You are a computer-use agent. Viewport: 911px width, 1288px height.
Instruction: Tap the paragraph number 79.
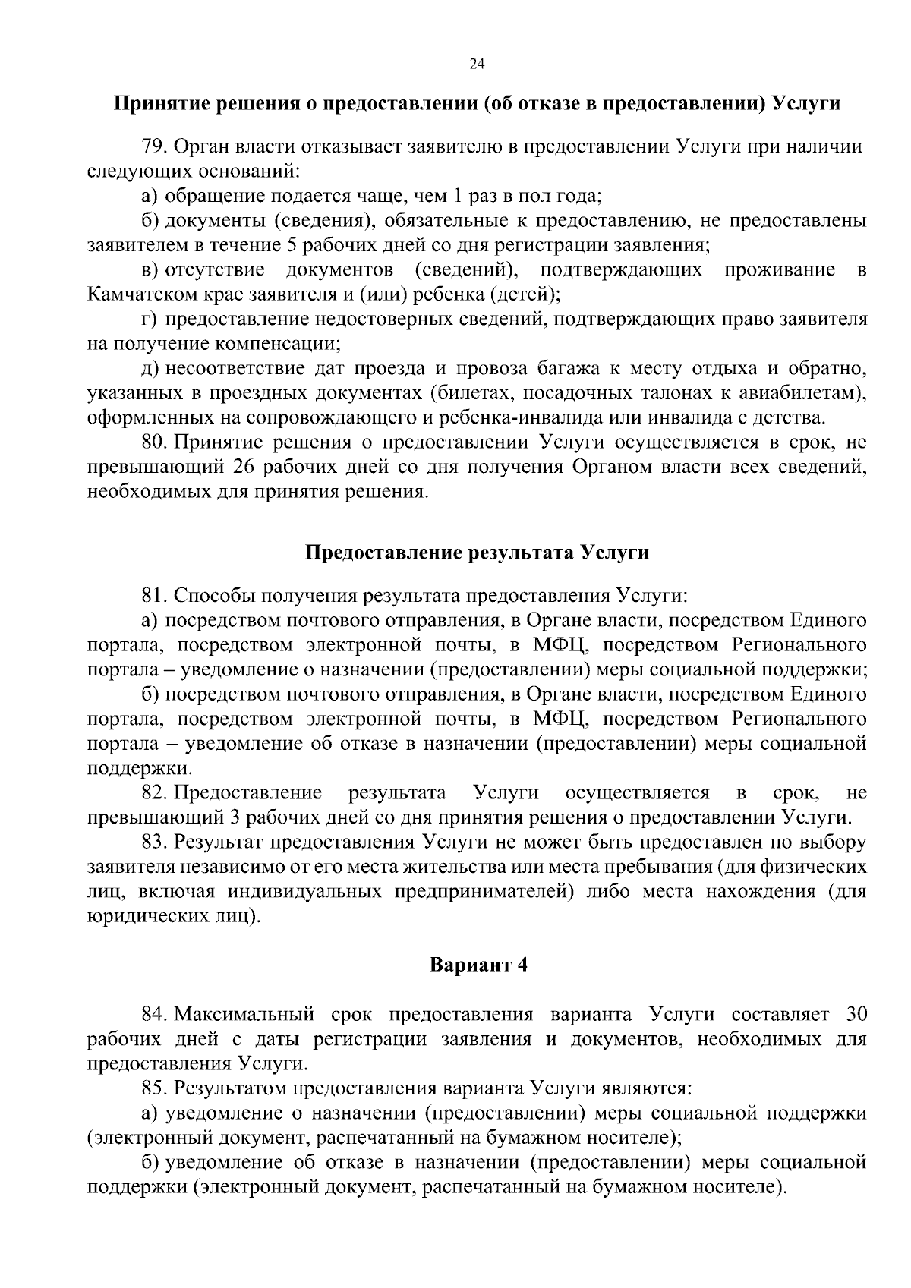tap(153, 146)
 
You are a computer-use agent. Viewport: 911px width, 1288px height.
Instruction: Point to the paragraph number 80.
tap(153, 442)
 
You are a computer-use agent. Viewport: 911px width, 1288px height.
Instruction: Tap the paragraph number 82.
tap(154, 793)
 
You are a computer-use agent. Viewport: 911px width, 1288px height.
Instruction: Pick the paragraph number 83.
tap(153, 842)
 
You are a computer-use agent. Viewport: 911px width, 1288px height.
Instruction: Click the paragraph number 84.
tap(154, 1014)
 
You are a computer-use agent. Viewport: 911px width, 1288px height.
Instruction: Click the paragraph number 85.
tap(153, 1088)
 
